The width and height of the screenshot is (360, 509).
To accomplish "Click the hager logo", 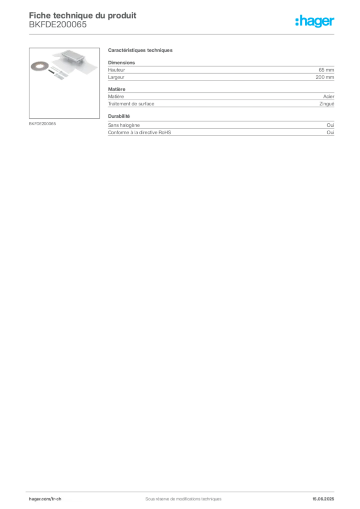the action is pos(315,21).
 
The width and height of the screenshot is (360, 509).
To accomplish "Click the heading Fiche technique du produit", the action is pos(83,15).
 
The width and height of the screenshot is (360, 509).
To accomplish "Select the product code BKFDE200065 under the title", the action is pos(58,25).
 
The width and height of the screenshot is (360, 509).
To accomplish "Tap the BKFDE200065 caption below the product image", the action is pos(42,124).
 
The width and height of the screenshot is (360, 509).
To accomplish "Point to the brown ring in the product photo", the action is pos(40,67).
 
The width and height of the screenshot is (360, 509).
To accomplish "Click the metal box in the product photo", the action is pos(73,58).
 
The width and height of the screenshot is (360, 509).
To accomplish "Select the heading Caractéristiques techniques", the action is pos(140,50).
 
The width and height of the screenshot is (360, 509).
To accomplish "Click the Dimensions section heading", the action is pos(121,63).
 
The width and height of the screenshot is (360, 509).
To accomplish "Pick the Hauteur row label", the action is pos(116,70).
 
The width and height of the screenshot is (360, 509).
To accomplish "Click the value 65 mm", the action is pos(326,70).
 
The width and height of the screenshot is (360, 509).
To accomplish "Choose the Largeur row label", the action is pos(116,77).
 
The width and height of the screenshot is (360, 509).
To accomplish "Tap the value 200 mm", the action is pos(325,77).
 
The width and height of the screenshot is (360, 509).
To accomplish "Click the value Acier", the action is pos(329,96).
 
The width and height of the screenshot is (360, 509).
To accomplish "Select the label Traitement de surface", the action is pos(131,104).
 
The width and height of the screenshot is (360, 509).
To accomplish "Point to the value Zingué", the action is pos(327,104).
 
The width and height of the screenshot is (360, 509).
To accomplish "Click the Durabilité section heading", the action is pos(119,116).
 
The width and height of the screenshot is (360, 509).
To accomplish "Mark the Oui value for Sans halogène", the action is pos(330,125).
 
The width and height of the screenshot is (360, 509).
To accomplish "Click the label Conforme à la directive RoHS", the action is pos(140,132).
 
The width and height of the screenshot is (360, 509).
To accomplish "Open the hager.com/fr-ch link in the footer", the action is pos(45,499).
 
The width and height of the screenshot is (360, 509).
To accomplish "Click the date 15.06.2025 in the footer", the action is pos(323,499).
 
